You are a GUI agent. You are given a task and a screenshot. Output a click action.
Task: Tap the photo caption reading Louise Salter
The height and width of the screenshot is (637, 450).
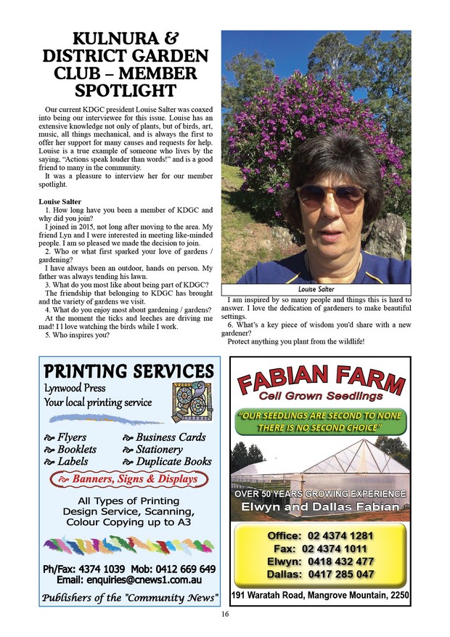[316, 289]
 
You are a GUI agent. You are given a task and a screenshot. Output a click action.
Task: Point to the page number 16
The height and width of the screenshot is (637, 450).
[225, 614]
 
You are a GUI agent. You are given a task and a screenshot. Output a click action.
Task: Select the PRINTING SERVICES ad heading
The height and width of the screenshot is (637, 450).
[128, 370]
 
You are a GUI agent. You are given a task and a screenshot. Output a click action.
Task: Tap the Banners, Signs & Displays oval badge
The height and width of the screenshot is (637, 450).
[128, 479]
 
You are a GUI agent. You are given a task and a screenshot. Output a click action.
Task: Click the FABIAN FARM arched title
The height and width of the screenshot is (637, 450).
[320, 381]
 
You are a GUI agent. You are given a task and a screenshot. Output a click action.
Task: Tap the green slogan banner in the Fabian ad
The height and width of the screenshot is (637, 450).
[320, 421]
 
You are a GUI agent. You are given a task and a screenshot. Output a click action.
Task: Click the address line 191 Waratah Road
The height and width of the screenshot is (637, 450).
[320, 596]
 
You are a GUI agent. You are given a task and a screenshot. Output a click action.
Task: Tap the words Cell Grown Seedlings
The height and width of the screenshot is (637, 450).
[320, 397]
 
